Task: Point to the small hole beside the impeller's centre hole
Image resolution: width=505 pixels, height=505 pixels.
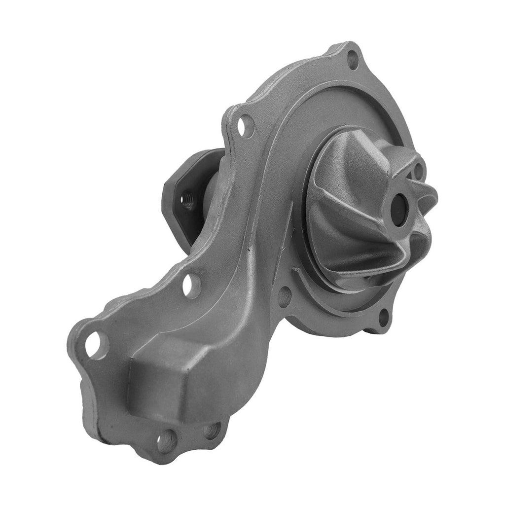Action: (419, 171)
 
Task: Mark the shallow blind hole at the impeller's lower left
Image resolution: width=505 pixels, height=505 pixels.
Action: (285, 296)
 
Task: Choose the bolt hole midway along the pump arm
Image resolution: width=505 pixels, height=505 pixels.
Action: (191, 285)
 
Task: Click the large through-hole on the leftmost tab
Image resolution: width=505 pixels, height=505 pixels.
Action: (96, 344)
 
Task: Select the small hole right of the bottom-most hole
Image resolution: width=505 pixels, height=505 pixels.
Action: (212, 430)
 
